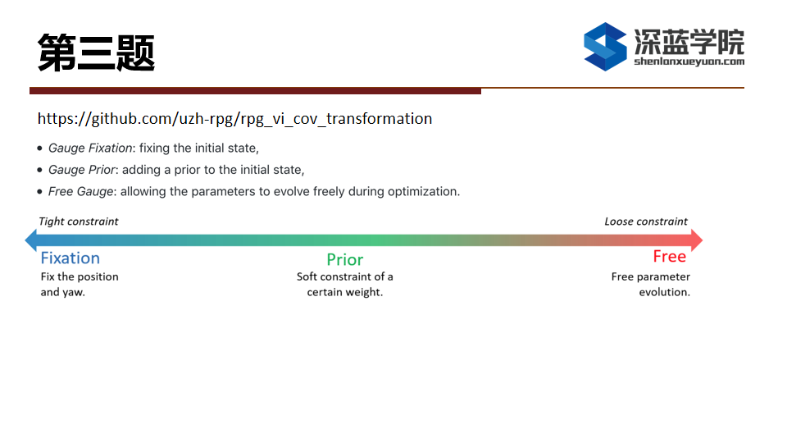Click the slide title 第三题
(x=96, y=53)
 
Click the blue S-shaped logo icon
(x=605, y=47)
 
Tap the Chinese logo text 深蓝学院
(x=689, y=41)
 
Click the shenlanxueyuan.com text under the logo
(x=689, y=62)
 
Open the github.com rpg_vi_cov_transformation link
(x=234, y=118)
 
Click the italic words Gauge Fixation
(x=90, y=148)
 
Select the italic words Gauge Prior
(x=82, y=170)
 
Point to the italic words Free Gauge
(x=81, y=191)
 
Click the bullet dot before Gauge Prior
(x=39, y=170)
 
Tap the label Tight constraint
(x=79, y=221)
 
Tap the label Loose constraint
(x=646, y=221)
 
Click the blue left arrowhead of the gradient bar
(x=31, y=240)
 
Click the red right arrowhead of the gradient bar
(x=697, y=240)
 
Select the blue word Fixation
(x=71, y=258)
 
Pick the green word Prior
(x=345, y=260)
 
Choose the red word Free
(x=670, y=257)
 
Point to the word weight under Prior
(x=362, y=292)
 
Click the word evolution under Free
(x=665, y=292)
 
